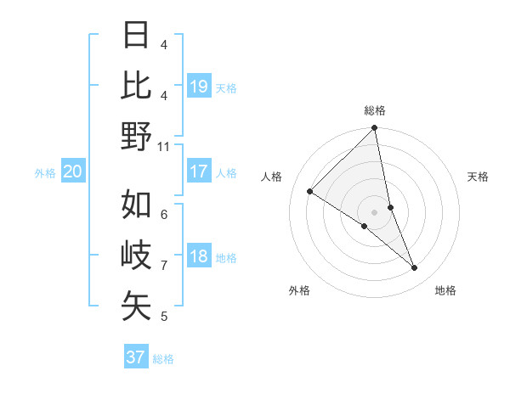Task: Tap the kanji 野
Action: pos(137,136)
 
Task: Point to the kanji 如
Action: pos(137,204)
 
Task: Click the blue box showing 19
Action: pos(199,86)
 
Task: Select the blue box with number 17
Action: pos(199,171)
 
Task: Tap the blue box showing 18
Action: pos(199,257)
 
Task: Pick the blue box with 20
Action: pos(73,171)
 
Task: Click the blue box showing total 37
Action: pos(136,357)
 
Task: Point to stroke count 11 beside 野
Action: pos(164,146)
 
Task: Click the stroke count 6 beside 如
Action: pos(164,214)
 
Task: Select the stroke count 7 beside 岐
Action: pos(164,265)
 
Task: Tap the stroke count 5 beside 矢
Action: pos(164,317)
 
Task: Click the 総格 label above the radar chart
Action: pos(375,110)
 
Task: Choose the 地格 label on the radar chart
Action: pos(445,290)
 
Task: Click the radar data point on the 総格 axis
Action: pos(374,129)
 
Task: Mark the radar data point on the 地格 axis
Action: pos(415,267)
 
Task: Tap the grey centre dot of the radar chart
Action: pos(374,211)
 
